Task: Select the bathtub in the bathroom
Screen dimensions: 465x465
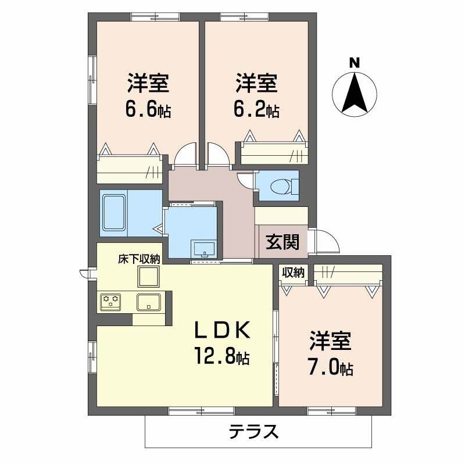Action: click(x=115, y=213)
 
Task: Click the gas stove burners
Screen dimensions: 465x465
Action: click(x=111, y=301)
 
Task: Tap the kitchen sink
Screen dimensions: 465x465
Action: click(x=149, y=302)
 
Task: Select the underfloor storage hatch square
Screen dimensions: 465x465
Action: click(x=149, y=277)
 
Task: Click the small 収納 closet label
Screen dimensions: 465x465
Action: click(x=293, y=271)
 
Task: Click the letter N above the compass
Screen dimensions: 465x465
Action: click(x=354, y=62)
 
